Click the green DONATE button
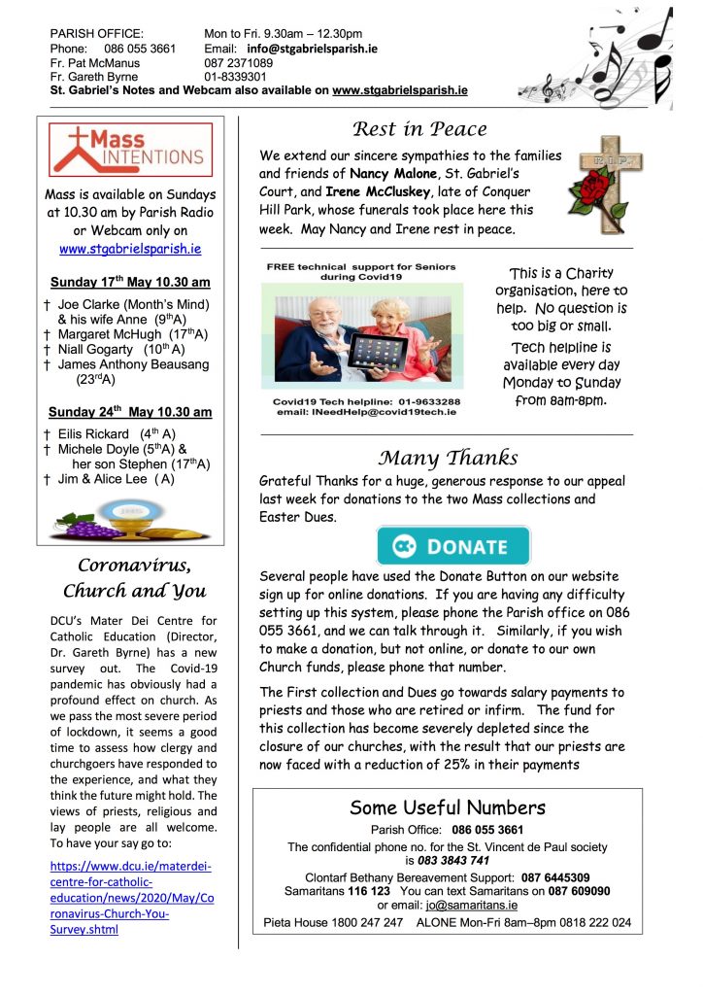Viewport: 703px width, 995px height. click(453, 546)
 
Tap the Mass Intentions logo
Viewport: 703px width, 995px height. click(126, 152)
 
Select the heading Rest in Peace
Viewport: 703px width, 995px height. click(419, 129)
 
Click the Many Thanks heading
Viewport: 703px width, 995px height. click(448, 458)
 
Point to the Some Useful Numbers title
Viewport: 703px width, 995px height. click(448, 807)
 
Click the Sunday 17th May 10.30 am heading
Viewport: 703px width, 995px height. click(130, 283)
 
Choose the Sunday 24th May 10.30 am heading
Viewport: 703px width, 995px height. click(130, 412)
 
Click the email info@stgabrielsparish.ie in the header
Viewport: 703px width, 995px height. click(312, 48)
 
